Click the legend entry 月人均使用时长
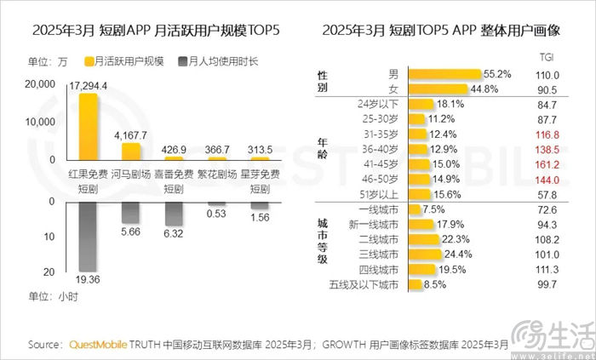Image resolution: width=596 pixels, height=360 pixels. click(219, 61)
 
